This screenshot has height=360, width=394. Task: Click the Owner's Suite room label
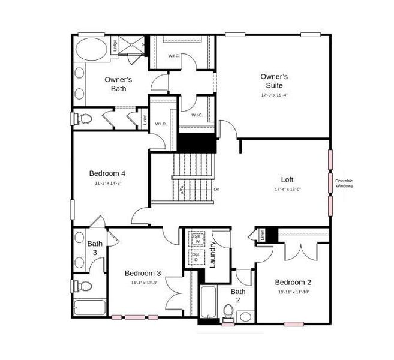click(275, 81)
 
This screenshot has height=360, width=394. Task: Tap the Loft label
click(287, 179)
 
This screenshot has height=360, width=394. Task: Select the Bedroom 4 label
click(107, 173)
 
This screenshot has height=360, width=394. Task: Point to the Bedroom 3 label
click(143, 273)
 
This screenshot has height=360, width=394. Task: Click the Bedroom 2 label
click(293, 282)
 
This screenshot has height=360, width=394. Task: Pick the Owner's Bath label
click(118, 84)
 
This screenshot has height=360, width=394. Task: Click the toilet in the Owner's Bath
click(83, 119)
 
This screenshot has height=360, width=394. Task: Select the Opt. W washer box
click(196, 238)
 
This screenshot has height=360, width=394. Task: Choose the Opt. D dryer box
click(196, 257)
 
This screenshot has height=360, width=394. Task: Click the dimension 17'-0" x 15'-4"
click(275, 95)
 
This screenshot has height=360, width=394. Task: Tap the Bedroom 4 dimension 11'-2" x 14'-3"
click(108, 183)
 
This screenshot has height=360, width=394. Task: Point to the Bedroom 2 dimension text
click(293, 292)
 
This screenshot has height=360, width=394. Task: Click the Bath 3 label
click(95, 248)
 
